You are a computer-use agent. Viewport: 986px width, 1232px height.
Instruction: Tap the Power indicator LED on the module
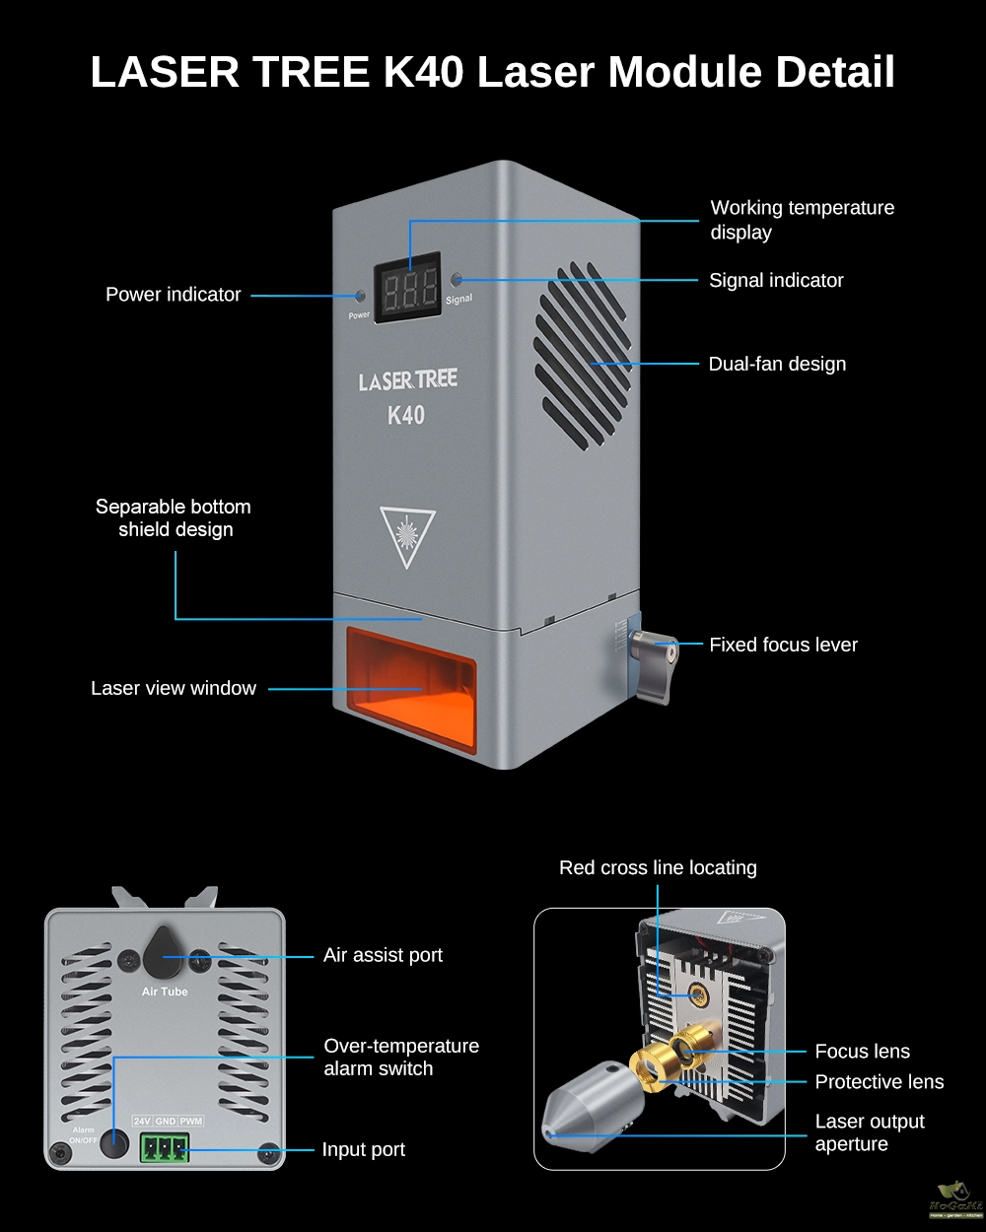tap(360, 296)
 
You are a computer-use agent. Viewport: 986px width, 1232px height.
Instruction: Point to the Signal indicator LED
tap(457, 280)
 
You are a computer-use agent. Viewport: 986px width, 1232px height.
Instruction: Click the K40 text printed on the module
tap(406, 415)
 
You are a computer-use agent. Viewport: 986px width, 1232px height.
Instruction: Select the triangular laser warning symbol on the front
tap(407, 535)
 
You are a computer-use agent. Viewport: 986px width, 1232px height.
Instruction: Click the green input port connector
tap(164, 1148)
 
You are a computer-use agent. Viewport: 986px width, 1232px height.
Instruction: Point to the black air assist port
tap(164, 951)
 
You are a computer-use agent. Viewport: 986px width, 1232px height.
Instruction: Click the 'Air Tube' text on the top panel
tap(165, 992)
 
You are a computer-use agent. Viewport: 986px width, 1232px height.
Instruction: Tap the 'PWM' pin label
tap(191, 1122)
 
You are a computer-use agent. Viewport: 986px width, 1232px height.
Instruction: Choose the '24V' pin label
tap(142, 1122)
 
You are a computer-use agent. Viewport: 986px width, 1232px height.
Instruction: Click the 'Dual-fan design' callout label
tap(777, 364)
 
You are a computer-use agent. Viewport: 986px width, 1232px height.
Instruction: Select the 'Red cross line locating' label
tap(658, 867)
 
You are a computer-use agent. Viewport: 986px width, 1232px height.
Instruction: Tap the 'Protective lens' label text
tap(879, 1081)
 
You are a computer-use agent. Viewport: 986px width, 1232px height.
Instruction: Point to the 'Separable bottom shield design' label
tap(174, 517)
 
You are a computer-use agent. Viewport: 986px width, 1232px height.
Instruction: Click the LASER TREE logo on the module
tap(407, 380)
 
